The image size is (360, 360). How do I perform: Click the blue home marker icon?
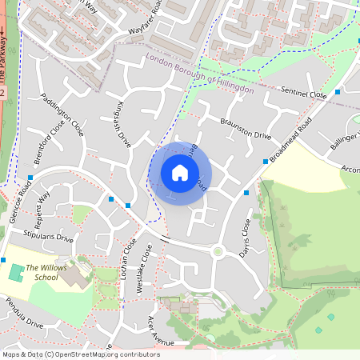[x=180, y=172]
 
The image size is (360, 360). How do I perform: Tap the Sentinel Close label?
[x=304, y=94]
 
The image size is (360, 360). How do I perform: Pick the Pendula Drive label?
[x=22, y=318]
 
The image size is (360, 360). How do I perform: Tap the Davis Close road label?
[x=245, y=238]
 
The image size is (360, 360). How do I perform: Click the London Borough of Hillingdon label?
[x=199, y=74]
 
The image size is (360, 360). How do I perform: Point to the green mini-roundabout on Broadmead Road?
[x=217, y=252]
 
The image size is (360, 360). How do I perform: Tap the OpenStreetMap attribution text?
[x=80, y=354]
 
